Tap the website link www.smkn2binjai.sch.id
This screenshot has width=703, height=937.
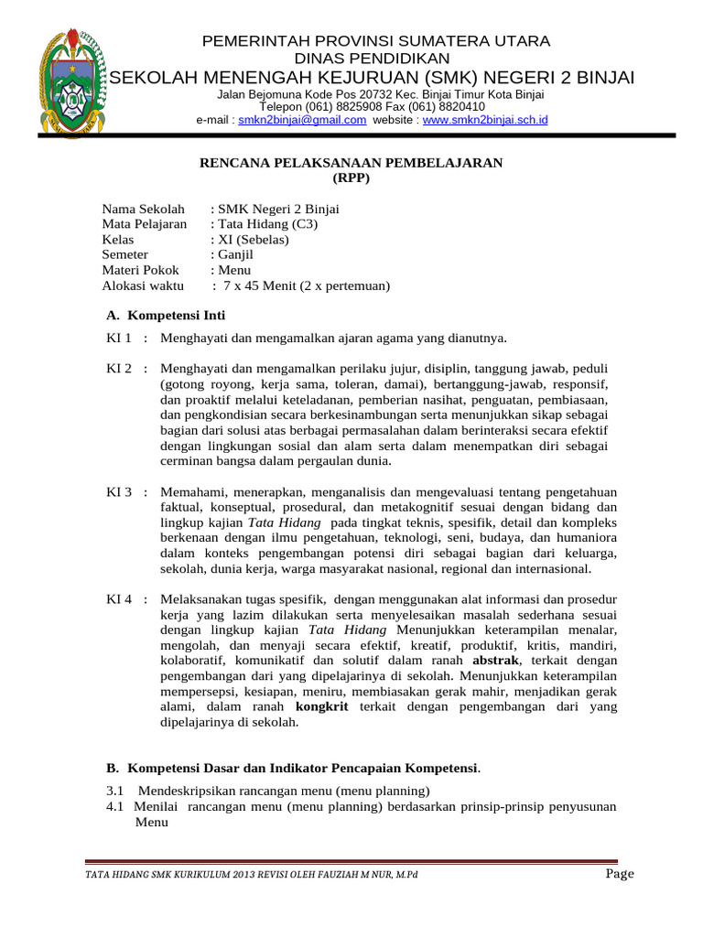click(x=485, y=120)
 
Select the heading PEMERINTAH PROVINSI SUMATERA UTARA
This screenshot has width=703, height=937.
click(x=375, y=41)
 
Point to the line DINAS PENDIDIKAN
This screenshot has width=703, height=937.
click(x=375, y=59)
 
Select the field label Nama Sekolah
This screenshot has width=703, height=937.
click(x=143, y=209)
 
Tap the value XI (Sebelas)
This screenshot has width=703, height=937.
click(x=253, y=240)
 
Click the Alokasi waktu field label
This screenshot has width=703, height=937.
click(x=143, y=286)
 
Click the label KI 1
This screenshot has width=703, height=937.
click(x=120, y=339)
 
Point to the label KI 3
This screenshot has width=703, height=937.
click(x=120, y=492)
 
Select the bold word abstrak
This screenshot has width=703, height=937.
click(x=495, y=661)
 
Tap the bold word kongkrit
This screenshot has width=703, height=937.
click(x=322, y=707)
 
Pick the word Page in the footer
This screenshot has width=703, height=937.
click(x=620, y=874)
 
